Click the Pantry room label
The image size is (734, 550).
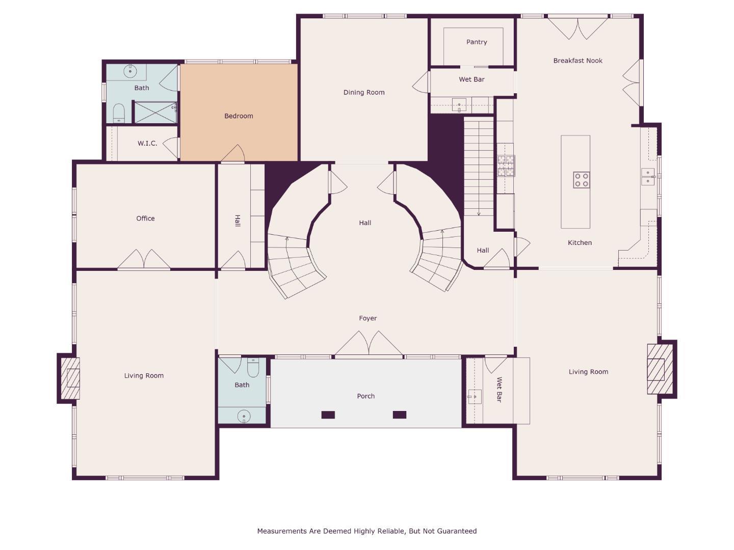click(x=477, y=42)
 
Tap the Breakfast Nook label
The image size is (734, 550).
click(x=578, y=61)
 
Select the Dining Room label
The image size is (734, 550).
click(x=363, y=93)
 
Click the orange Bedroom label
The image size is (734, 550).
click(x=239, y=116)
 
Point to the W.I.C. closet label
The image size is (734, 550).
click(x=147, y=144)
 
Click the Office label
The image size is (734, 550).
click(x=145, y=218)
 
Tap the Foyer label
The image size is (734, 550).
click(x=368, y=318)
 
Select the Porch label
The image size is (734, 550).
click(x=365, y=396)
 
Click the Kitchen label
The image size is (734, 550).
click(x=580, y=243)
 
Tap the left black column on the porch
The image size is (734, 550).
click(x=328, y=415)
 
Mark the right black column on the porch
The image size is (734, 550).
click(x=399, y=415)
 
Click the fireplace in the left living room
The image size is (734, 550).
click(x=70, y=377)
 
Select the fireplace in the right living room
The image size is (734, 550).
click(x=658, y=369)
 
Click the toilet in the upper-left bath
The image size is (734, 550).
click(x=118, y=113)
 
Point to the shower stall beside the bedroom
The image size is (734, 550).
click(x=155, y=113)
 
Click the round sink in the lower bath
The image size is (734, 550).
click(x=244, y=417)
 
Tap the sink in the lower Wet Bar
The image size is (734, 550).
click(x=475, y=396)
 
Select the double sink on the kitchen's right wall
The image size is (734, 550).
click(x=647, y=177)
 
